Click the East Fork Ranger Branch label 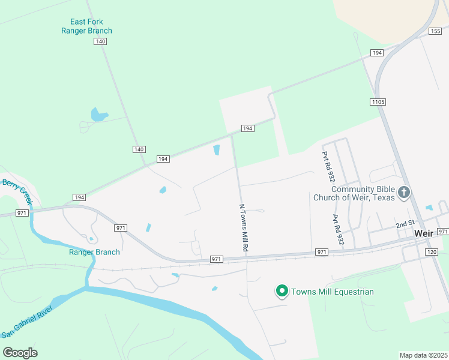86,26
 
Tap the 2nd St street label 405,224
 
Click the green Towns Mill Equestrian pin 282,291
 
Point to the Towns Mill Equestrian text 333,292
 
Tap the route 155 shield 436,31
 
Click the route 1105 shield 378,103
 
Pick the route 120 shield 432,253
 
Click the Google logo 20,352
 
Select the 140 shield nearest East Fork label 100,41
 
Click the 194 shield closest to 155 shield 376,53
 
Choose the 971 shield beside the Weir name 443,232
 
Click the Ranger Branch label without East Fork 94,252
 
